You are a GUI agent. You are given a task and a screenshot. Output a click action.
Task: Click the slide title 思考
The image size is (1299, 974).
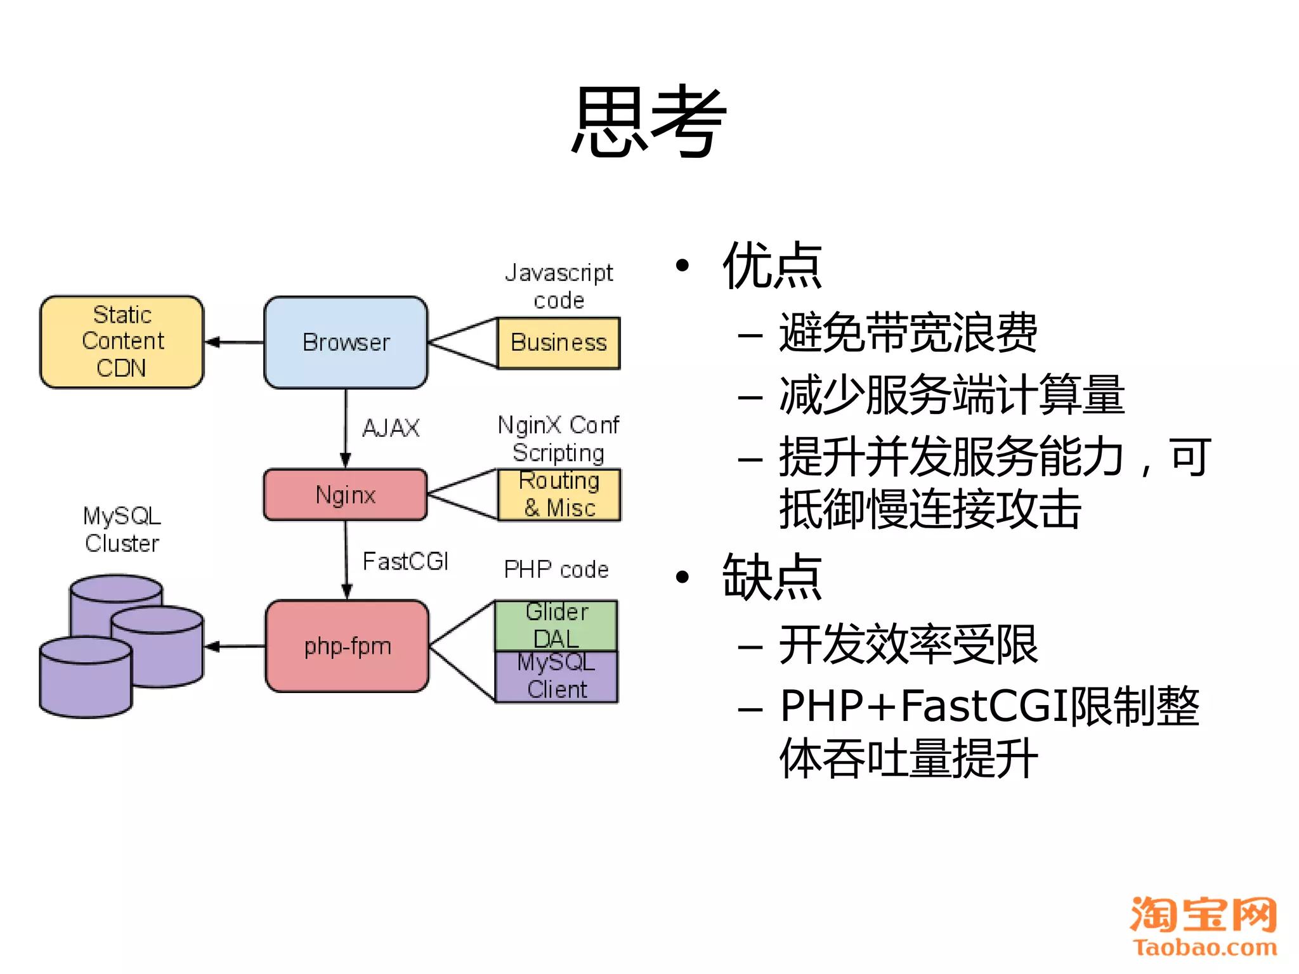648,122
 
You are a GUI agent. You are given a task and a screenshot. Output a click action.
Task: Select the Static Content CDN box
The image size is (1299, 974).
122,342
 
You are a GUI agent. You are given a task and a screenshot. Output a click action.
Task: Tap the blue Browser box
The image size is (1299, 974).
346,342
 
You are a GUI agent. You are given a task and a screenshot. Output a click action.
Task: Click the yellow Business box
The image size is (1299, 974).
559,343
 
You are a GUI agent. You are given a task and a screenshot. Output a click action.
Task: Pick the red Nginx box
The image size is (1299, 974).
346,495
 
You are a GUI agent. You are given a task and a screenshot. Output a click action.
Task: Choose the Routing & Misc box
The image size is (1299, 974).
559,495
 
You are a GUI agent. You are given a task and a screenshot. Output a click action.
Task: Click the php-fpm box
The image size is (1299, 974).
347,646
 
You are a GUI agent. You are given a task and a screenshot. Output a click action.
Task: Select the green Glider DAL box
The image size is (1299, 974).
556,625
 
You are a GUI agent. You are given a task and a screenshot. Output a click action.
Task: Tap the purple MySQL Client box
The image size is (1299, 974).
556,677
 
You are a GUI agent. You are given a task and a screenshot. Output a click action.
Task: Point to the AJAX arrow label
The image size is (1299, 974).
391,428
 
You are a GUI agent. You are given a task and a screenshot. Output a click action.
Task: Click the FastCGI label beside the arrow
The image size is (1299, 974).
405,561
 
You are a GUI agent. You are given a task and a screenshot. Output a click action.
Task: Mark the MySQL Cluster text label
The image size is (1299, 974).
122,529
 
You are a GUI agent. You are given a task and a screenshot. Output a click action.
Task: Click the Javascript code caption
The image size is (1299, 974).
559,286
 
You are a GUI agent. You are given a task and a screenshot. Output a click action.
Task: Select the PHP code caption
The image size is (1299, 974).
556,569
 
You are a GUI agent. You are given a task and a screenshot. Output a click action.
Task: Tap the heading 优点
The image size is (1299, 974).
772,266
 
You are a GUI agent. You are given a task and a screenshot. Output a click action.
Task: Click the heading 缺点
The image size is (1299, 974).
772,577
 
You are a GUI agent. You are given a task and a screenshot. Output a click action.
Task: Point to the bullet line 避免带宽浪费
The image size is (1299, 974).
908,332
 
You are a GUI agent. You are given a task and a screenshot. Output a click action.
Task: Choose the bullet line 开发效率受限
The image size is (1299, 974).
908,645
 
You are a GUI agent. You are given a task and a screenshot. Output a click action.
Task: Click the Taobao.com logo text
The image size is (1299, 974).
1204,947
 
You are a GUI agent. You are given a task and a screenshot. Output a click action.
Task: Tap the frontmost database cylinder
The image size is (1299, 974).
86,679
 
